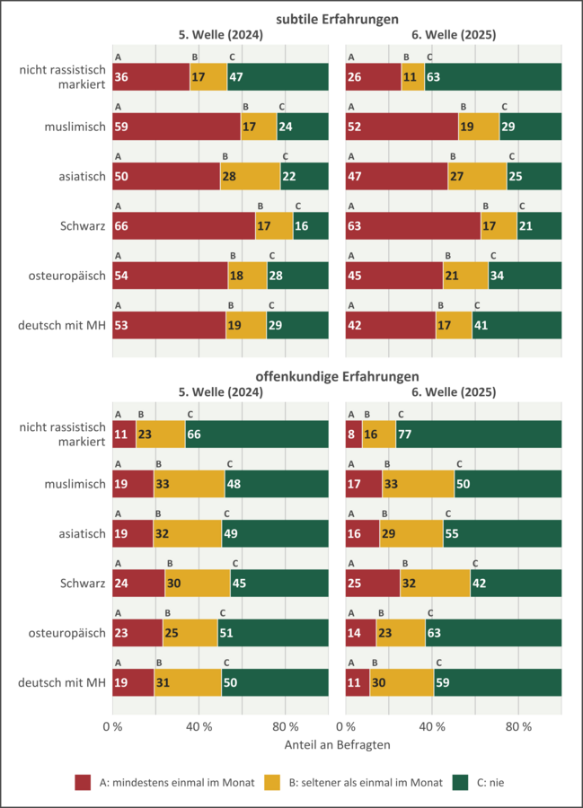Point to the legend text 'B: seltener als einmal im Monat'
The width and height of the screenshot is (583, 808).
365,782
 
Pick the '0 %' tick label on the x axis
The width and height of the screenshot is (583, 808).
112,725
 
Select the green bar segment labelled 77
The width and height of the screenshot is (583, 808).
478,435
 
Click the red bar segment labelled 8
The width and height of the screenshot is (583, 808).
354,435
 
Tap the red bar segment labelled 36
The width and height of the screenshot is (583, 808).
151,77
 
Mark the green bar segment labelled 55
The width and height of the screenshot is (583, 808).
502,533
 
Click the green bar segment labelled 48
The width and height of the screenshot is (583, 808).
276,484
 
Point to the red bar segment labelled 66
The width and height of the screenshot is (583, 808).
183,225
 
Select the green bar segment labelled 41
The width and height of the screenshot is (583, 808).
517,325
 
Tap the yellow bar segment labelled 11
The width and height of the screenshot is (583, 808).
413,77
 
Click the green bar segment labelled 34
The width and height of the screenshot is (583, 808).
525,275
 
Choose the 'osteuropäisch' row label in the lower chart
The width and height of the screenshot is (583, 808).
63,633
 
